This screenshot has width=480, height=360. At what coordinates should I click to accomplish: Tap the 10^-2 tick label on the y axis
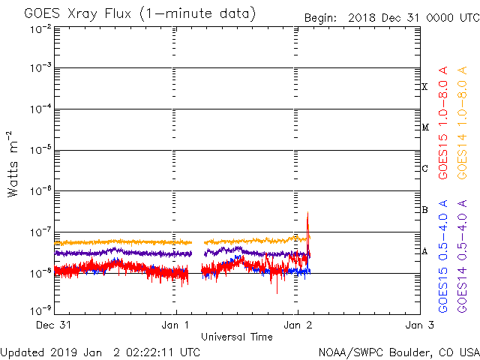pos(41,28)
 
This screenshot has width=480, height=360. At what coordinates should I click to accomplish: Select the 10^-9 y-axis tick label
pos(41,310)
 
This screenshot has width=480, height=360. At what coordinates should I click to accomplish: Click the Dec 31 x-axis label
pos(55,325)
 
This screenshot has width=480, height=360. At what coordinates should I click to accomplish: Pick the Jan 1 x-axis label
pos(176,325)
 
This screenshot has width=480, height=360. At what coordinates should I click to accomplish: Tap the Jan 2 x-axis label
pos(298,325)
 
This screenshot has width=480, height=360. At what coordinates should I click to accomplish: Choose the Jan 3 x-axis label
pos(418,325)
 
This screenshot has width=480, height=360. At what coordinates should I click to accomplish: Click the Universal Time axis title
pos(236,337)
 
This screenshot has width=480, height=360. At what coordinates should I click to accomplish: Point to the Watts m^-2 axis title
pos(13,162)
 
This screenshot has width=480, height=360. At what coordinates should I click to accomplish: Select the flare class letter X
pos(424,87)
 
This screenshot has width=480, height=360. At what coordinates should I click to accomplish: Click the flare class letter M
pos(424,127)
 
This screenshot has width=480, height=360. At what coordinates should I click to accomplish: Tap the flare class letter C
pos(424,169)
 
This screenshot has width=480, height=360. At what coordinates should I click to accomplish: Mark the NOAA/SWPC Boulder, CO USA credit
pos(398,352)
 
